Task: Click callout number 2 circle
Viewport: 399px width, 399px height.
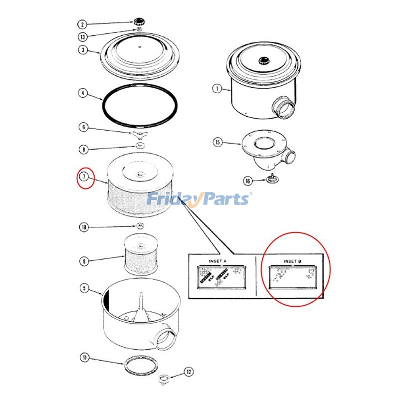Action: click(82, 24)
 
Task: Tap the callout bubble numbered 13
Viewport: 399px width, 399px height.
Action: click(82, 37)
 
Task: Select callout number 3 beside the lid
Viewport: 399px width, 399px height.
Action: click(82, 50)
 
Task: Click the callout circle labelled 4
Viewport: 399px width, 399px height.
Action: click(82, 93)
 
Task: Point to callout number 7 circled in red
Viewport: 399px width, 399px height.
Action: click(85, 177)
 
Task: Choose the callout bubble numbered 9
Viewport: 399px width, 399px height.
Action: click(84, 260)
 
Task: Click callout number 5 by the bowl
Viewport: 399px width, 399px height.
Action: click(84, 288)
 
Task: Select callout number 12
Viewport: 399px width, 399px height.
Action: click(189, 371)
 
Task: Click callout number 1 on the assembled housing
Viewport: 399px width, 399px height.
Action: click(216, 89)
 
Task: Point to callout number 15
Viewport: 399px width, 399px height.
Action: click(217, 142)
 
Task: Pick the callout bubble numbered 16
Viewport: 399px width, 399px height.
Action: click(247, 181)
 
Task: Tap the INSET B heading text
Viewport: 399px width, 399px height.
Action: click(292, 261)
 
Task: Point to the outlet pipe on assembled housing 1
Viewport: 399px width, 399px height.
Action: click(284, 107)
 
